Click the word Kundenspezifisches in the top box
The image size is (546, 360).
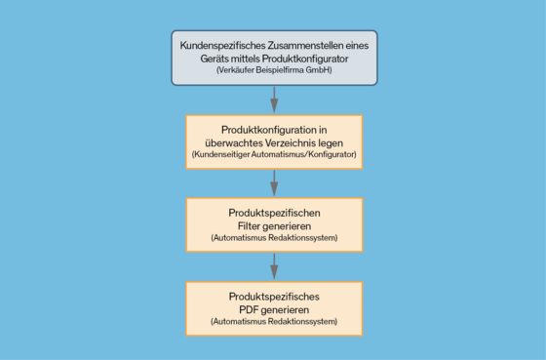click(x=222, y=46)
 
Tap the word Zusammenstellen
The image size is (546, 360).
click(x=305, y=45)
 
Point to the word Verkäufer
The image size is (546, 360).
click(x=235, y=70)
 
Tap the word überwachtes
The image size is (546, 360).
click(x=234, y=142)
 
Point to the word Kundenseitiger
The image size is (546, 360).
click(x=220, y=154)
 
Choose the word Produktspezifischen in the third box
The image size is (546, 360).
click(x=274, y=213)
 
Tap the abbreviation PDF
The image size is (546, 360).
click(x=248, y=309)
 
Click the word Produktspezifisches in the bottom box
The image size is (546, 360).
click(x=274, y=297)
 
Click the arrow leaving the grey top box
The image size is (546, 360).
click(x=274, y=100)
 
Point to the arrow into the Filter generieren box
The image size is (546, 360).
click(x=274, y=183)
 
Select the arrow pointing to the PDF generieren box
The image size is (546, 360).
click(x=274, y=266)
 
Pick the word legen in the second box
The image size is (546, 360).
click(x=331, y=143)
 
